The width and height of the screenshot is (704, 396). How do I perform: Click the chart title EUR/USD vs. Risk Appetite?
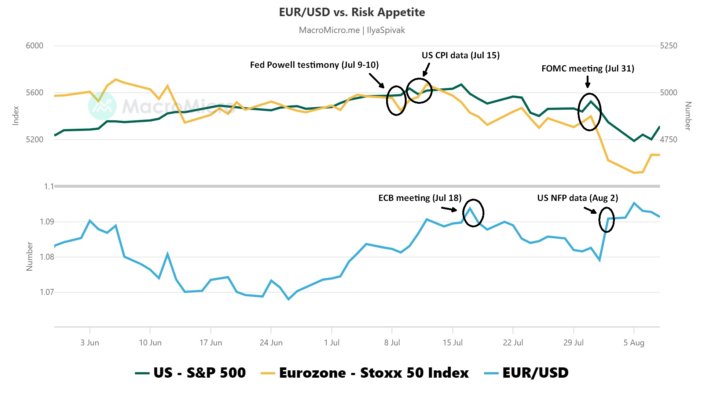(352, 12)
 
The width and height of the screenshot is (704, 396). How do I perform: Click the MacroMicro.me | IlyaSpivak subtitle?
(352, 30)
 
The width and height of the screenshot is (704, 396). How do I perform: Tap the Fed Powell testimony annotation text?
(314, 65)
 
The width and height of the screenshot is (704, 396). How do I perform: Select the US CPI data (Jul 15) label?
(461, 55)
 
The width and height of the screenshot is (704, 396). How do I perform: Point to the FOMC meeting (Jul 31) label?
(588, 69)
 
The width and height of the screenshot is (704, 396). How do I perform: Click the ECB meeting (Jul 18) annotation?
(420, 198)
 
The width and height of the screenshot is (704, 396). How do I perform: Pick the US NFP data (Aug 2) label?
(577, 198)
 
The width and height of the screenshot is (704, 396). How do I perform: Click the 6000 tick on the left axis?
(34, 46)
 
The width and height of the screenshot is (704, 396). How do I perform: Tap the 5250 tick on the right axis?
(668, 46)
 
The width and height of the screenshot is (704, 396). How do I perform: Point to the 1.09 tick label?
(47, 221)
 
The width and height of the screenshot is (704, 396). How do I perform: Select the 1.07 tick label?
(47, 292)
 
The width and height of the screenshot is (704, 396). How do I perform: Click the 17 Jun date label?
(210, 343)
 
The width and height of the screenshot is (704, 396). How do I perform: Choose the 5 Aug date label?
(634, 343)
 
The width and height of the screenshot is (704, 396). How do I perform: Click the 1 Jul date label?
(331, 343)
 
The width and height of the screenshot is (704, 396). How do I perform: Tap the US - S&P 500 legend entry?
(191, 373)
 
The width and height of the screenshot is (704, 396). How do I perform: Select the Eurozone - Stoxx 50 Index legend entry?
(364, 373)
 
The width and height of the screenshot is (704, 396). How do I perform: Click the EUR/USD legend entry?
(527, 373)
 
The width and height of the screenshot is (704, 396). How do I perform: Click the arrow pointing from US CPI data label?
(426, 69)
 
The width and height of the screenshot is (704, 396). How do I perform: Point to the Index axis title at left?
(16, 115)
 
